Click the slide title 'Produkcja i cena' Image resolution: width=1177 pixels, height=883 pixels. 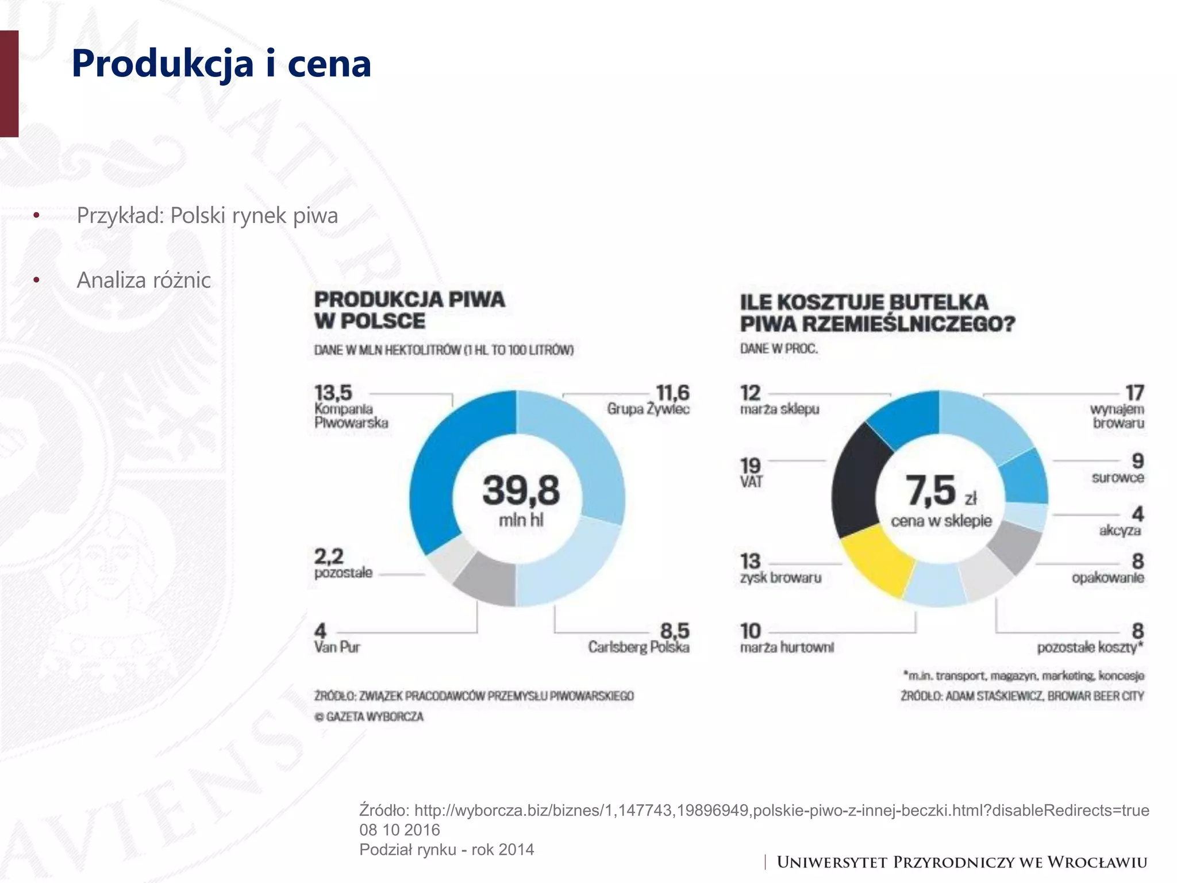[221, 64]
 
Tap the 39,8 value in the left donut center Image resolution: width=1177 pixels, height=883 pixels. [521, 490]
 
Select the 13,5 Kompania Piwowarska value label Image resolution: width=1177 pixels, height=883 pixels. [333, 393]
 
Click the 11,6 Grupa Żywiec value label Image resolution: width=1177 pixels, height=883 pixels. [672, 393]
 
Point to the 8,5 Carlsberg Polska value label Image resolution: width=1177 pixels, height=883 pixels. [674, 631]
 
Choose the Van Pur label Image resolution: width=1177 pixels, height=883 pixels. [337, 647]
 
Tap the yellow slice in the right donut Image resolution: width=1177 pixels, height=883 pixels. [876, 560]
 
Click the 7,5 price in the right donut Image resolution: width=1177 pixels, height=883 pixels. [931, 490]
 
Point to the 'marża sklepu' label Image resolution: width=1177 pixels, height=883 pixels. [779, 409]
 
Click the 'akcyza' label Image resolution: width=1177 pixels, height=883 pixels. [1120, 530]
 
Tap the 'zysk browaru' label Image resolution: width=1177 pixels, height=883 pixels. [780, 578]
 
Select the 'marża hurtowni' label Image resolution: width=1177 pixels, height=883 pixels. [786, 648]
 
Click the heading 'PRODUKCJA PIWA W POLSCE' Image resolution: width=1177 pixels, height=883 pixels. [409, 310]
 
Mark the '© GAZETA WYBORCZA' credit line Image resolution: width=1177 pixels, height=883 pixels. [369, 717]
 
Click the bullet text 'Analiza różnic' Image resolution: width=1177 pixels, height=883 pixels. [144, 280]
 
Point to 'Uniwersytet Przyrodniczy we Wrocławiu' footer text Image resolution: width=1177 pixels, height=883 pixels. [961, 862]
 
